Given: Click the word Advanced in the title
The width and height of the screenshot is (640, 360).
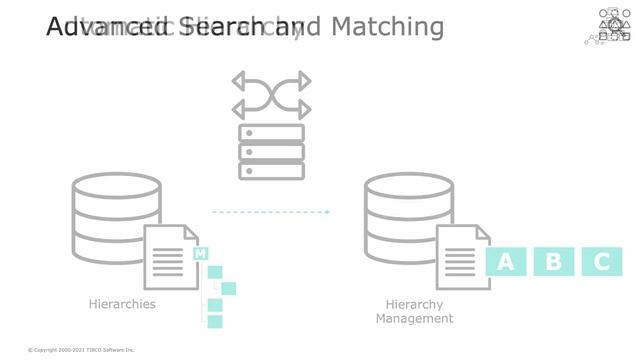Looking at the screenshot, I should [95, 27].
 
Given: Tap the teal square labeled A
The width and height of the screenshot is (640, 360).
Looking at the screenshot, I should [506, 262].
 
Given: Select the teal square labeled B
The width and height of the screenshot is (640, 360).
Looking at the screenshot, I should [554, 262].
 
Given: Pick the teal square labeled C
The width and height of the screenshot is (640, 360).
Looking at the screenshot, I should [602, 262].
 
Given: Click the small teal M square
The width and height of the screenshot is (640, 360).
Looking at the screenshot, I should [200, 254].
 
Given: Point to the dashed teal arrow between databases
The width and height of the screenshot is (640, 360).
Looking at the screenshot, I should [271, 212].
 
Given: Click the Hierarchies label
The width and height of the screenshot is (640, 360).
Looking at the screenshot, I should [122, 304].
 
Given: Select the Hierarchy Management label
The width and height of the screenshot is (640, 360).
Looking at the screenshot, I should [414, 311].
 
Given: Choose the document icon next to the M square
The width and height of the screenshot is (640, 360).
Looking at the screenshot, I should [170, 257].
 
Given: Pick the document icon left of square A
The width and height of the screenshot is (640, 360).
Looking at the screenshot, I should [462, 257].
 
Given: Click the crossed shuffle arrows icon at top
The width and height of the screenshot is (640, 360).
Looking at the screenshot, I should [270, 94].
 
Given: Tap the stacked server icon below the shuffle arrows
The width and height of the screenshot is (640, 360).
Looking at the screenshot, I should [271, 152].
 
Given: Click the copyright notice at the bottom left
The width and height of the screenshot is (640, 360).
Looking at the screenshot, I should [81, 350].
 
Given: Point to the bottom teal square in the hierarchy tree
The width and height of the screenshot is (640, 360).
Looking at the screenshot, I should [214, 321].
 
